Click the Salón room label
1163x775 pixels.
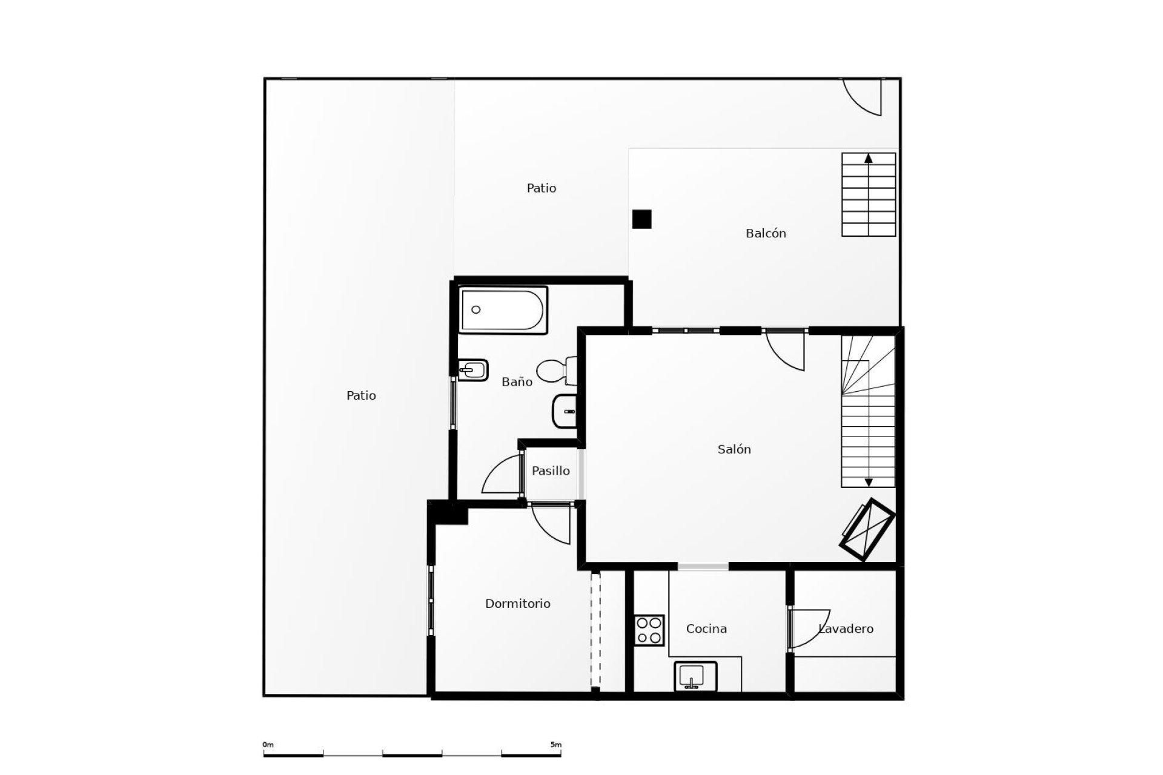[x=734, y=449]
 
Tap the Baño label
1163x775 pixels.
[x=517, y=382]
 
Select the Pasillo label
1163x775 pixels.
[x=551, y=470]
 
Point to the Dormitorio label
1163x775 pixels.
[x=517, y=604]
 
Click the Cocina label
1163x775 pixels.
[x=706, y=629]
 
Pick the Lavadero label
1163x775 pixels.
[x=846, y=629]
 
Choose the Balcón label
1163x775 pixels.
[x=766, y=233]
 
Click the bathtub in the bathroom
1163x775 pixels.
[x=503, y=310]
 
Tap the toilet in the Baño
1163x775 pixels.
[x=556, y=371]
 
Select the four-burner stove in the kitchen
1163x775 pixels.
[x=649, y=630]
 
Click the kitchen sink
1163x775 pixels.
[x=695, y=676]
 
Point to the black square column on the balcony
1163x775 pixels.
[x=641, y=219]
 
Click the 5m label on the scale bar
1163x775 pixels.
[x=556, y=745]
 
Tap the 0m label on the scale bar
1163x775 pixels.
[x=268, y=745]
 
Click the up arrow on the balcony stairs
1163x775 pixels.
[x=869, y=159]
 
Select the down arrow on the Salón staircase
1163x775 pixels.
[x=869, y=483]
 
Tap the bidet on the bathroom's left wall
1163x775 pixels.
[x=472, y=370]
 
